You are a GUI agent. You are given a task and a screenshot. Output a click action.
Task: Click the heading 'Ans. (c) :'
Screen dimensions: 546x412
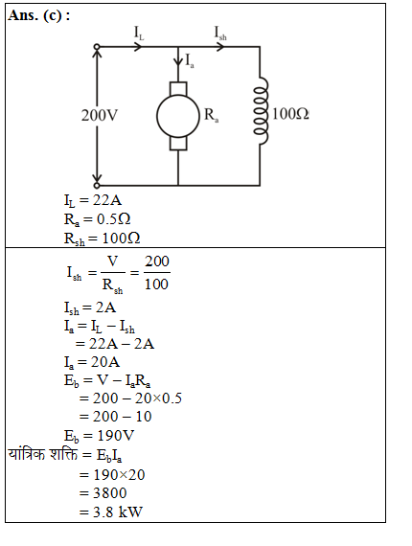coord(39,16)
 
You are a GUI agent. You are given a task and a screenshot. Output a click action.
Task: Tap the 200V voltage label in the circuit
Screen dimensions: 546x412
coord(100,114)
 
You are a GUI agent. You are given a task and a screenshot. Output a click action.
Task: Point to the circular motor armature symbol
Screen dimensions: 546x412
coord(179,116)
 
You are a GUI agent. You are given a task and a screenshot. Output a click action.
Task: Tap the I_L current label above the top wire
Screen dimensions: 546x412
coord(141,33)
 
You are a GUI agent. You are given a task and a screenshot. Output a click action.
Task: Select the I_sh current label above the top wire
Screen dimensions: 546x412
coord(220,33)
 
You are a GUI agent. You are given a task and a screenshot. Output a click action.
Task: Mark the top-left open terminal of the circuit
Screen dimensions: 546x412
coord(96,47)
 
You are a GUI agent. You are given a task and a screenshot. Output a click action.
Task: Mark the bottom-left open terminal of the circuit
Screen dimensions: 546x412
coord(96,184)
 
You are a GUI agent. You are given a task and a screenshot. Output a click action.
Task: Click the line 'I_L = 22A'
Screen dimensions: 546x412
coord(92,201)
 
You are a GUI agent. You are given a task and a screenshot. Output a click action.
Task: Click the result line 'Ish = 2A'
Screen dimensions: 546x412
coord(89,307)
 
